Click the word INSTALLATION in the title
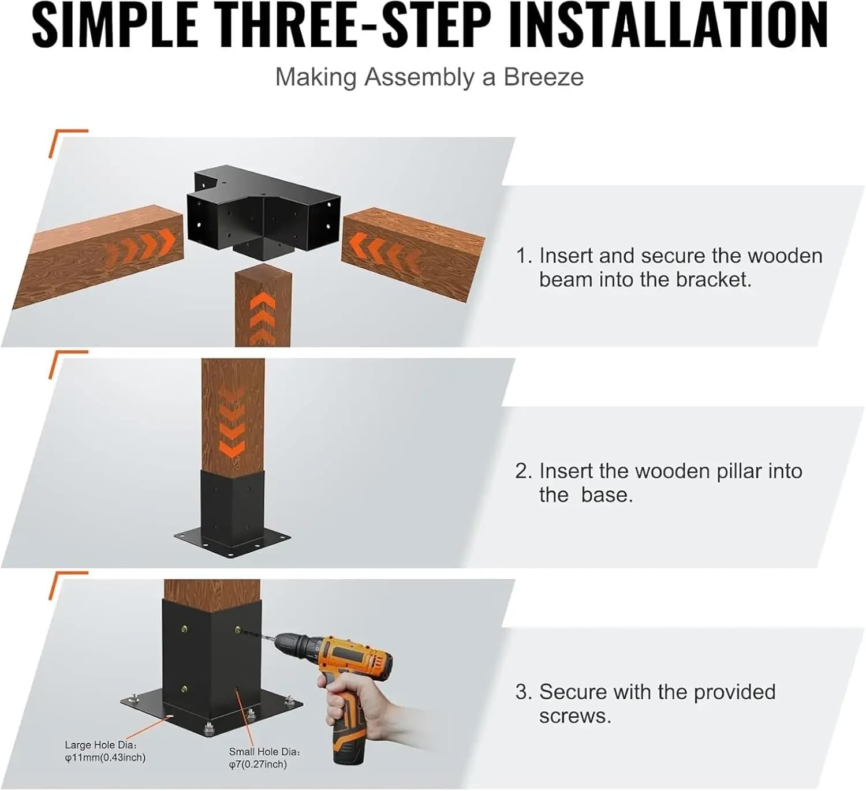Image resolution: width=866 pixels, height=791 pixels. coord(669,26)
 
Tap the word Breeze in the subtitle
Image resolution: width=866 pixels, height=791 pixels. coord(543,77)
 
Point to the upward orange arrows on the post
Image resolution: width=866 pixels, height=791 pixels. coord(263,317)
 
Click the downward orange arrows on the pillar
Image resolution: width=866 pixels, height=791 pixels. coord(232,421)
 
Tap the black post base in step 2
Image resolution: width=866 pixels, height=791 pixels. coord(232,513)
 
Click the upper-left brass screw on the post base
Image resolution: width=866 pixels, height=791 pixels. coord(184,629)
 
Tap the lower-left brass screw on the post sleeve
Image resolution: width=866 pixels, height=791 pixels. coord(184,688)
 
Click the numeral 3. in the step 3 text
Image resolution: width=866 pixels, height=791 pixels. coord(523,692)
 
